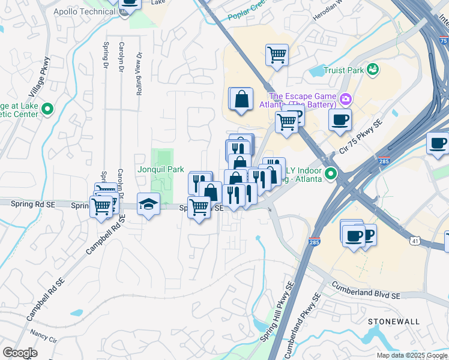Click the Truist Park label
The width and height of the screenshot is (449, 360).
click(343, 70)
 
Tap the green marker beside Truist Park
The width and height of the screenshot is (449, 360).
click(373, 70)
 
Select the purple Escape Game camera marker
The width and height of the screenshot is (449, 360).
click(345, 98)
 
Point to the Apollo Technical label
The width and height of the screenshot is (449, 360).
click(84, 11)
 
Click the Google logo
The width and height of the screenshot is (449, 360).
click(20, 353)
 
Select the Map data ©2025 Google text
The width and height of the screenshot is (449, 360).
click(411, 355)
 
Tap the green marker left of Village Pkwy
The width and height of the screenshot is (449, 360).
click(48, 110)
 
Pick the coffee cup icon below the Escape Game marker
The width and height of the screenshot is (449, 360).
click(340, 119)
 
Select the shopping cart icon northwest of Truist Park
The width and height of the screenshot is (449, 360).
click(277, 55)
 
